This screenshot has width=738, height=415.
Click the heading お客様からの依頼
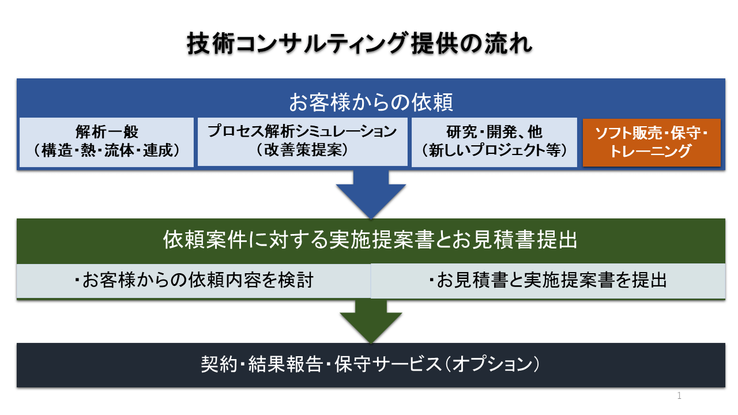pyautogui.click(x=371, y=103)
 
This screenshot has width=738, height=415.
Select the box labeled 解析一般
pyautogui.click(x=107, y=142)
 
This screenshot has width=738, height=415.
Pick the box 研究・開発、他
pyautogui.click(x=494, y=142)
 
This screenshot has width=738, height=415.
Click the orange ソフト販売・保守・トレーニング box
pyautogui.click(x=651, y=142)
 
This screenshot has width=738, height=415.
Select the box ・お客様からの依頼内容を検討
pyautogui.click(x=193, y=281)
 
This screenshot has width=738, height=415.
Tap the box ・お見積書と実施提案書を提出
pyautogui.click(x=548, y=281)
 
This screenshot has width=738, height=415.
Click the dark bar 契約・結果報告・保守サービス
pyautogui.click(x=371, y=365)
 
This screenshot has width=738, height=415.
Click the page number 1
pyautogui.click(x=679, y=395)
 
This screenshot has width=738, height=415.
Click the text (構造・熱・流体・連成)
pyautogui.click(x=107, y=151)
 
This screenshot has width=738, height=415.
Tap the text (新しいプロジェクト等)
pyautogui.click(x=494, y=151)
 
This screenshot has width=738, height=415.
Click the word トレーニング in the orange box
pyautogui.click(x=651, y=152)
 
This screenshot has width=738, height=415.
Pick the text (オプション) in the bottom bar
pyautogui.click(x=495, y=365)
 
